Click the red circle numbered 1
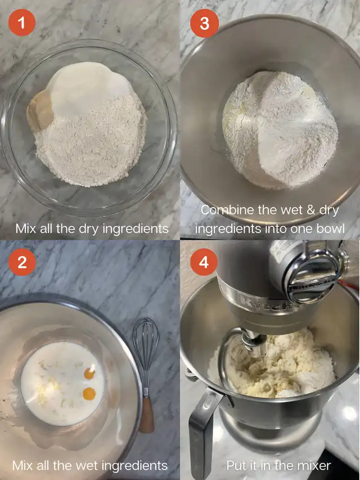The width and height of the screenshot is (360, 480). click(22, 23)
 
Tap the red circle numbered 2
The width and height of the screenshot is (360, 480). click(22, 262)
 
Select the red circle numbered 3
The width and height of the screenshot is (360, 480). click(205, 23)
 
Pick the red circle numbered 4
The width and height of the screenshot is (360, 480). click(204, 262)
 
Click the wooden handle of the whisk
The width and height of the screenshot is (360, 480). click(147, 415)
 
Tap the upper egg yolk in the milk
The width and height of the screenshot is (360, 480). click(89, 374)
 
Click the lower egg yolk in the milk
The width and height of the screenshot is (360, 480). click(89, 394)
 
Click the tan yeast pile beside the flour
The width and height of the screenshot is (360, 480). click(40, 111)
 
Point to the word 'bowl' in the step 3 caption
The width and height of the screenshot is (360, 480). click(330, 228)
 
